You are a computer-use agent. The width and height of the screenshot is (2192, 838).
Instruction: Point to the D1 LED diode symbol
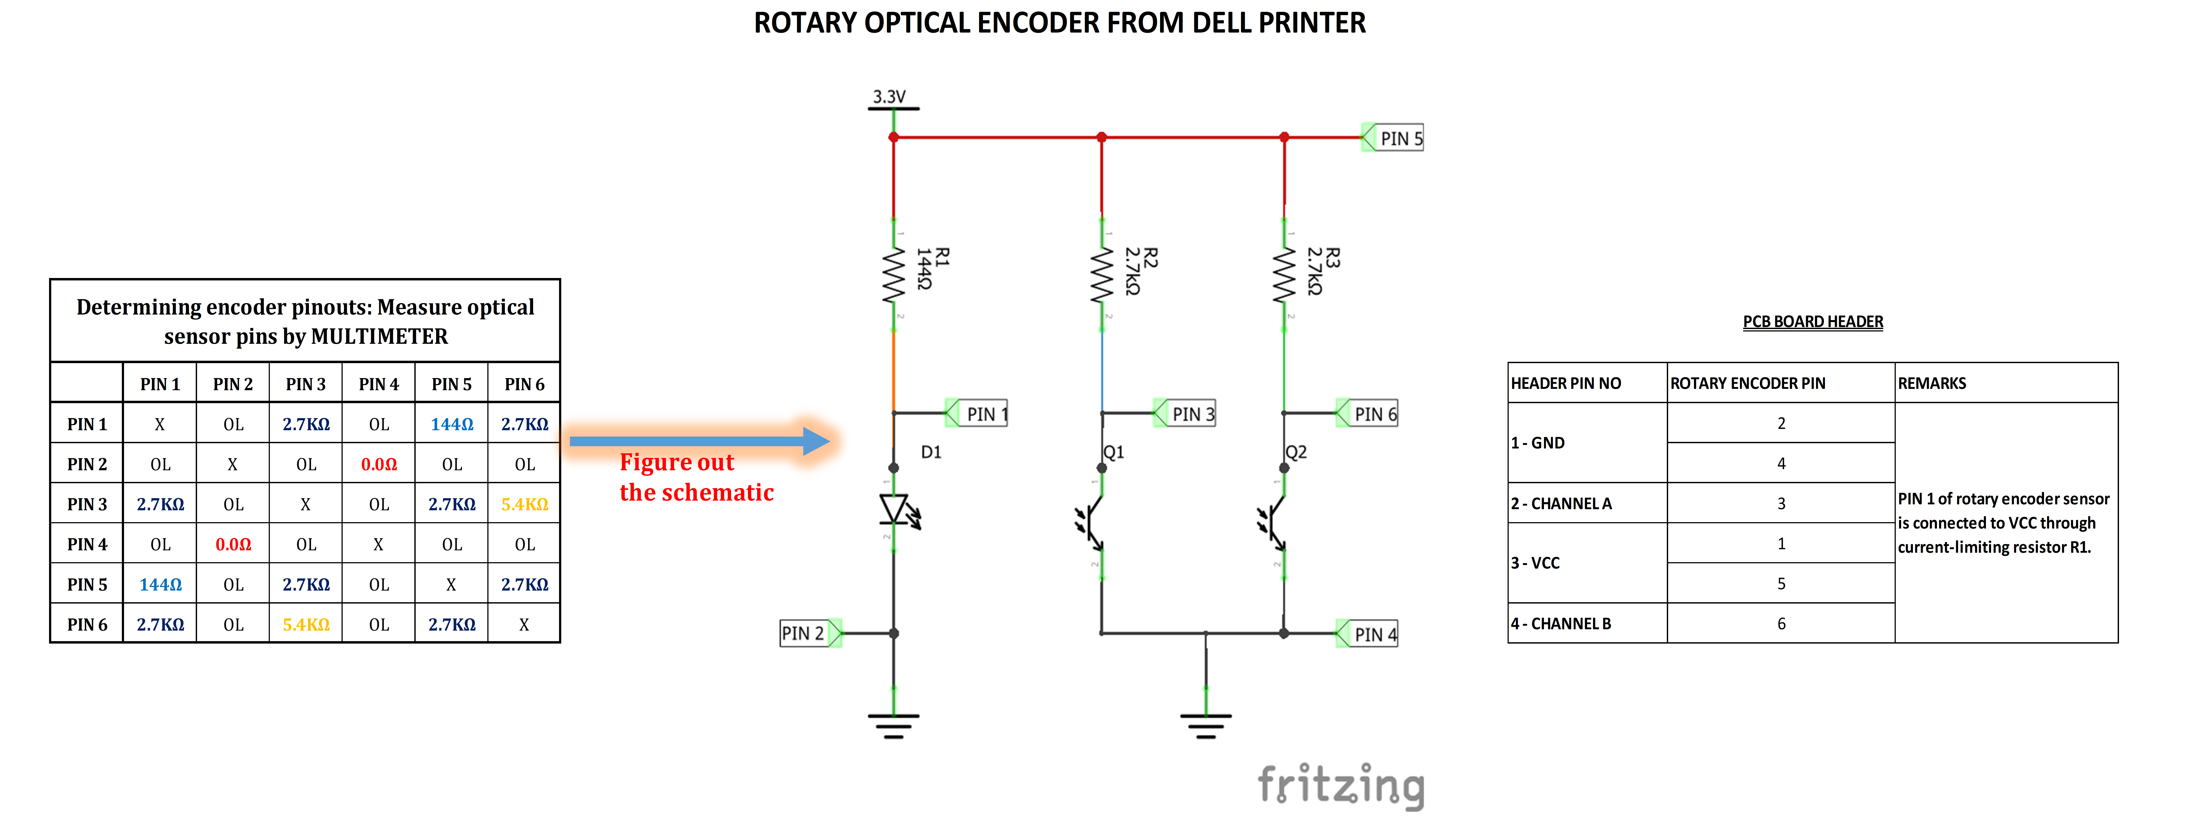895,510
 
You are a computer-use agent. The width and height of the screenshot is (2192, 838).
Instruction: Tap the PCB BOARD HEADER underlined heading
1812,322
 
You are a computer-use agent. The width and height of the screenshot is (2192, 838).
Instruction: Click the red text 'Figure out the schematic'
696,477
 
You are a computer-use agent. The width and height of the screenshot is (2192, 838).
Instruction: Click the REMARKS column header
1932,383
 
